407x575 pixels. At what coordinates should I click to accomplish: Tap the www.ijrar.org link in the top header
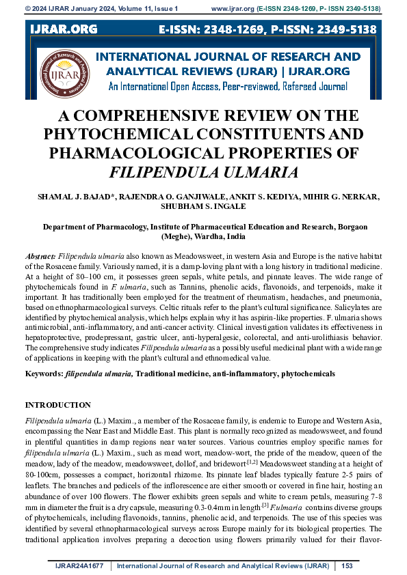click(x=232, y=8)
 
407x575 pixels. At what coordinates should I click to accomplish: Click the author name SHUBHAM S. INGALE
click(x=202, y=207)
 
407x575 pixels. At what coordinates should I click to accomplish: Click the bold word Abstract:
click(x=40, y=252)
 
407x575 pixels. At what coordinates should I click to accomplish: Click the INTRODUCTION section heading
click(x=57, y=405)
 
